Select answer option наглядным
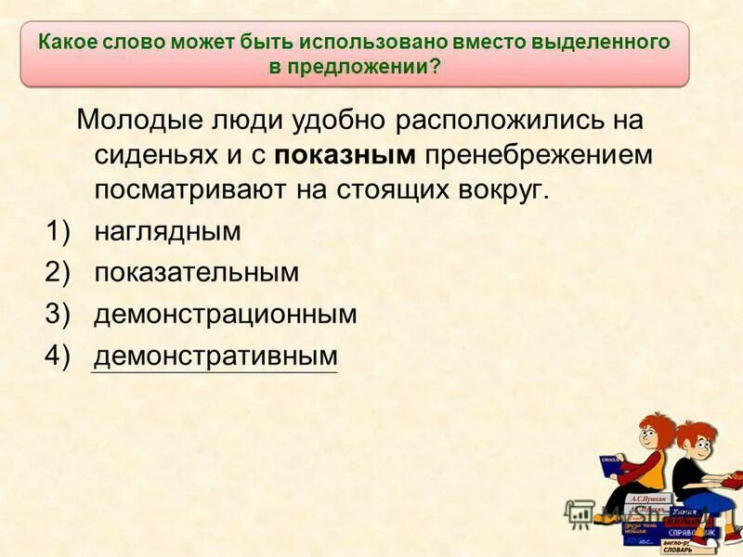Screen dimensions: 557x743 click(x=167, y=231)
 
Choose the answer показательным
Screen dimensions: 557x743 click(x=196, y=273)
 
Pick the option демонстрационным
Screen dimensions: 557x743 click(x=225, y=314)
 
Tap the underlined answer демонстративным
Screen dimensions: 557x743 click(x=215, y=356)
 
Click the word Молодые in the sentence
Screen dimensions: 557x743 click(x=136, y=121)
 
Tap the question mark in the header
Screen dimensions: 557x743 click(x=437, y=67)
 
